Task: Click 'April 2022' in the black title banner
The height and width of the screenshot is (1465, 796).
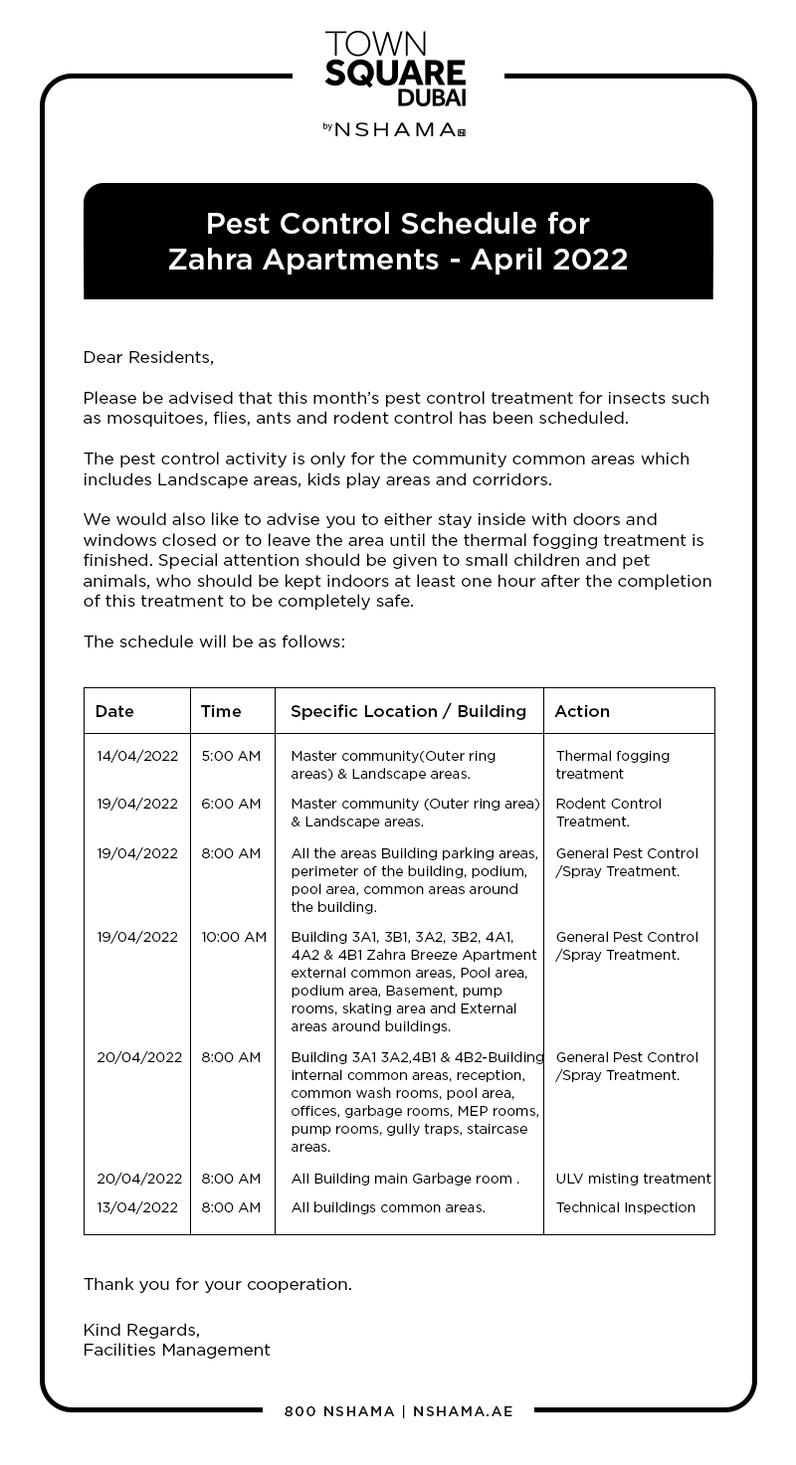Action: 549,260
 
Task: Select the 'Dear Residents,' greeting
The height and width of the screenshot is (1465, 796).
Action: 148,357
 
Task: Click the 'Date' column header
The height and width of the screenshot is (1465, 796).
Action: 114,711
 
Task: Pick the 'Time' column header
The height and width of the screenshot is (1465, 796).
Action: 221,711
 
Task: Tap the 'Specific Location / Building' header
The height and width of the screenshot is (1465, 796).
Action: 408,711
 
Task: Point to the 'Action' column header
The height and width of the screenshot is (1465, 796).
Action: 582,711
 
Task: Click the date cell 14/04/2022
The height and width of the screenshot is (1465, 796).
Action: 137,756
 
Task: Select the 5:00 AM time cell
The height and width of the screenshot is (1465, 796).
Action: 231,756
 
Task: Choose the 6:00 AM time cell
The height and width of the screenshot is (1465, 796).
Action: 231,804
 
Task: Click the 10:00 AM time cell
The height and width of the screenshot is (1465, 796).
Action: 234,937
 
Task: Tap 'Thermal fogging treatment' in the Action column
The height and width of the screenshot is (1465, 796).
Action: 612,765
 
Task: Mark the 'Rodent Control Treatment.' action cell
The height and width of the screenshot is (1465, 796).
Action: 608,813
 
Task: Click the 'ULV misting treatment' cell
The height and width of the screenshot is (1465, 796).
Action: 633,1179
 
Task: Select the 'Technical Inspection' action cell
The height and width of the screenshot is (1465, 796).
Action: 625,1207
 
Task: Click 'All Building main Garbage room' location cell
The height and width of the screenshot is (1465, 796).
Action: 405,1179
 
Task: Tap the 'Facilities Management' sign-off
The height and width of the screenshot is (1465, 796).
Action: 176,1350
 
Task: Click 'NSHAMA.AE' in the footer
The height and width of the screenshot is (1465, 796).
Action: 463,1411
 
